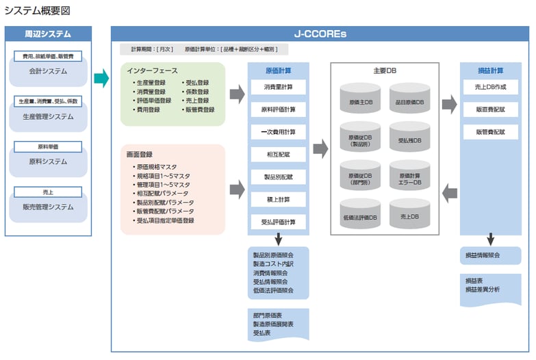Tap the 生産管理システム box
pyautogui.click(x=48, y=116)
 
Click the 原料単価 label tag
pyautogui.click(x=48, y=146)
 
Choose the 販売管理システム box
pyautogui.click(x=48, y=207)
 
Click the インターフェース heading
pyautogui.click(x=152, y=70)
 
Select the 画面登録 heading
pyautogui.click(x=138, y=155)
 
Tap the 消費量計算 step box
pyautogui.click(x=278, y=87)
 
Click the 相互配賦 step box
pyautogui.click(x=278, y=155)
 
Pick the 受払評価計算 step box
pyautogui.click(x=278, y=222)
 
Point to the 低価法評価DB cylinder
pyautogui.click(x=361, y=217)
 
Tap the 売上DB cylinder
pyautogui.click(x=409, y=217)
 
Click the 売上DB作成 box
pyautogui.click(x=490, y=87)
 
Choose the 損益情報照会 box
pyautogui.click(x=490, y=255)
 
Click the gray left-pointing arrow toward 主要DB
pyautogui.click(x=449, y=193)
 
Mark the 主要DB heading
pyautogui.click(x=385, y=70)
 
